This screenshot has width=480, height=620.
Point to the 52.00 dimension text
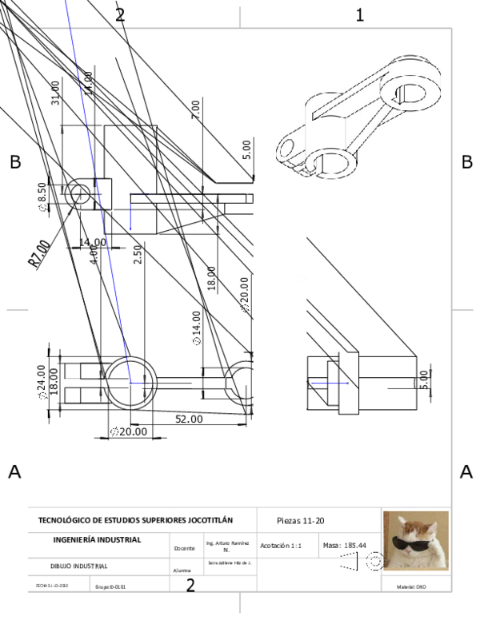pos(189,418)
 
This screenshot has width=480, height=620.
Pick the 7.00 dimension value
pos(195,110)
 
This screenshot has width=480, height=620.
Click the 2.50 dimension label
pos(138,255)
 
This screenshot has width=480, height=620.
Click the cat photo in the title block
pos(415,541)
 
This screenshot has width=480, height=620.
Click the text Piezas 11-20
pos(300,520)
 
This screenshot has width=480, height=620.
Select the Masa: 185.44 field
pos(344,545)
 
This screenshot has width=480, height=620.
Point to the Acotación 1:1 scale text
pos(281,545)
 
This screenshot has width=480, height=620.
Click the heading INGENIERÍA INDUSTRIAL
pos(97,539)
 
